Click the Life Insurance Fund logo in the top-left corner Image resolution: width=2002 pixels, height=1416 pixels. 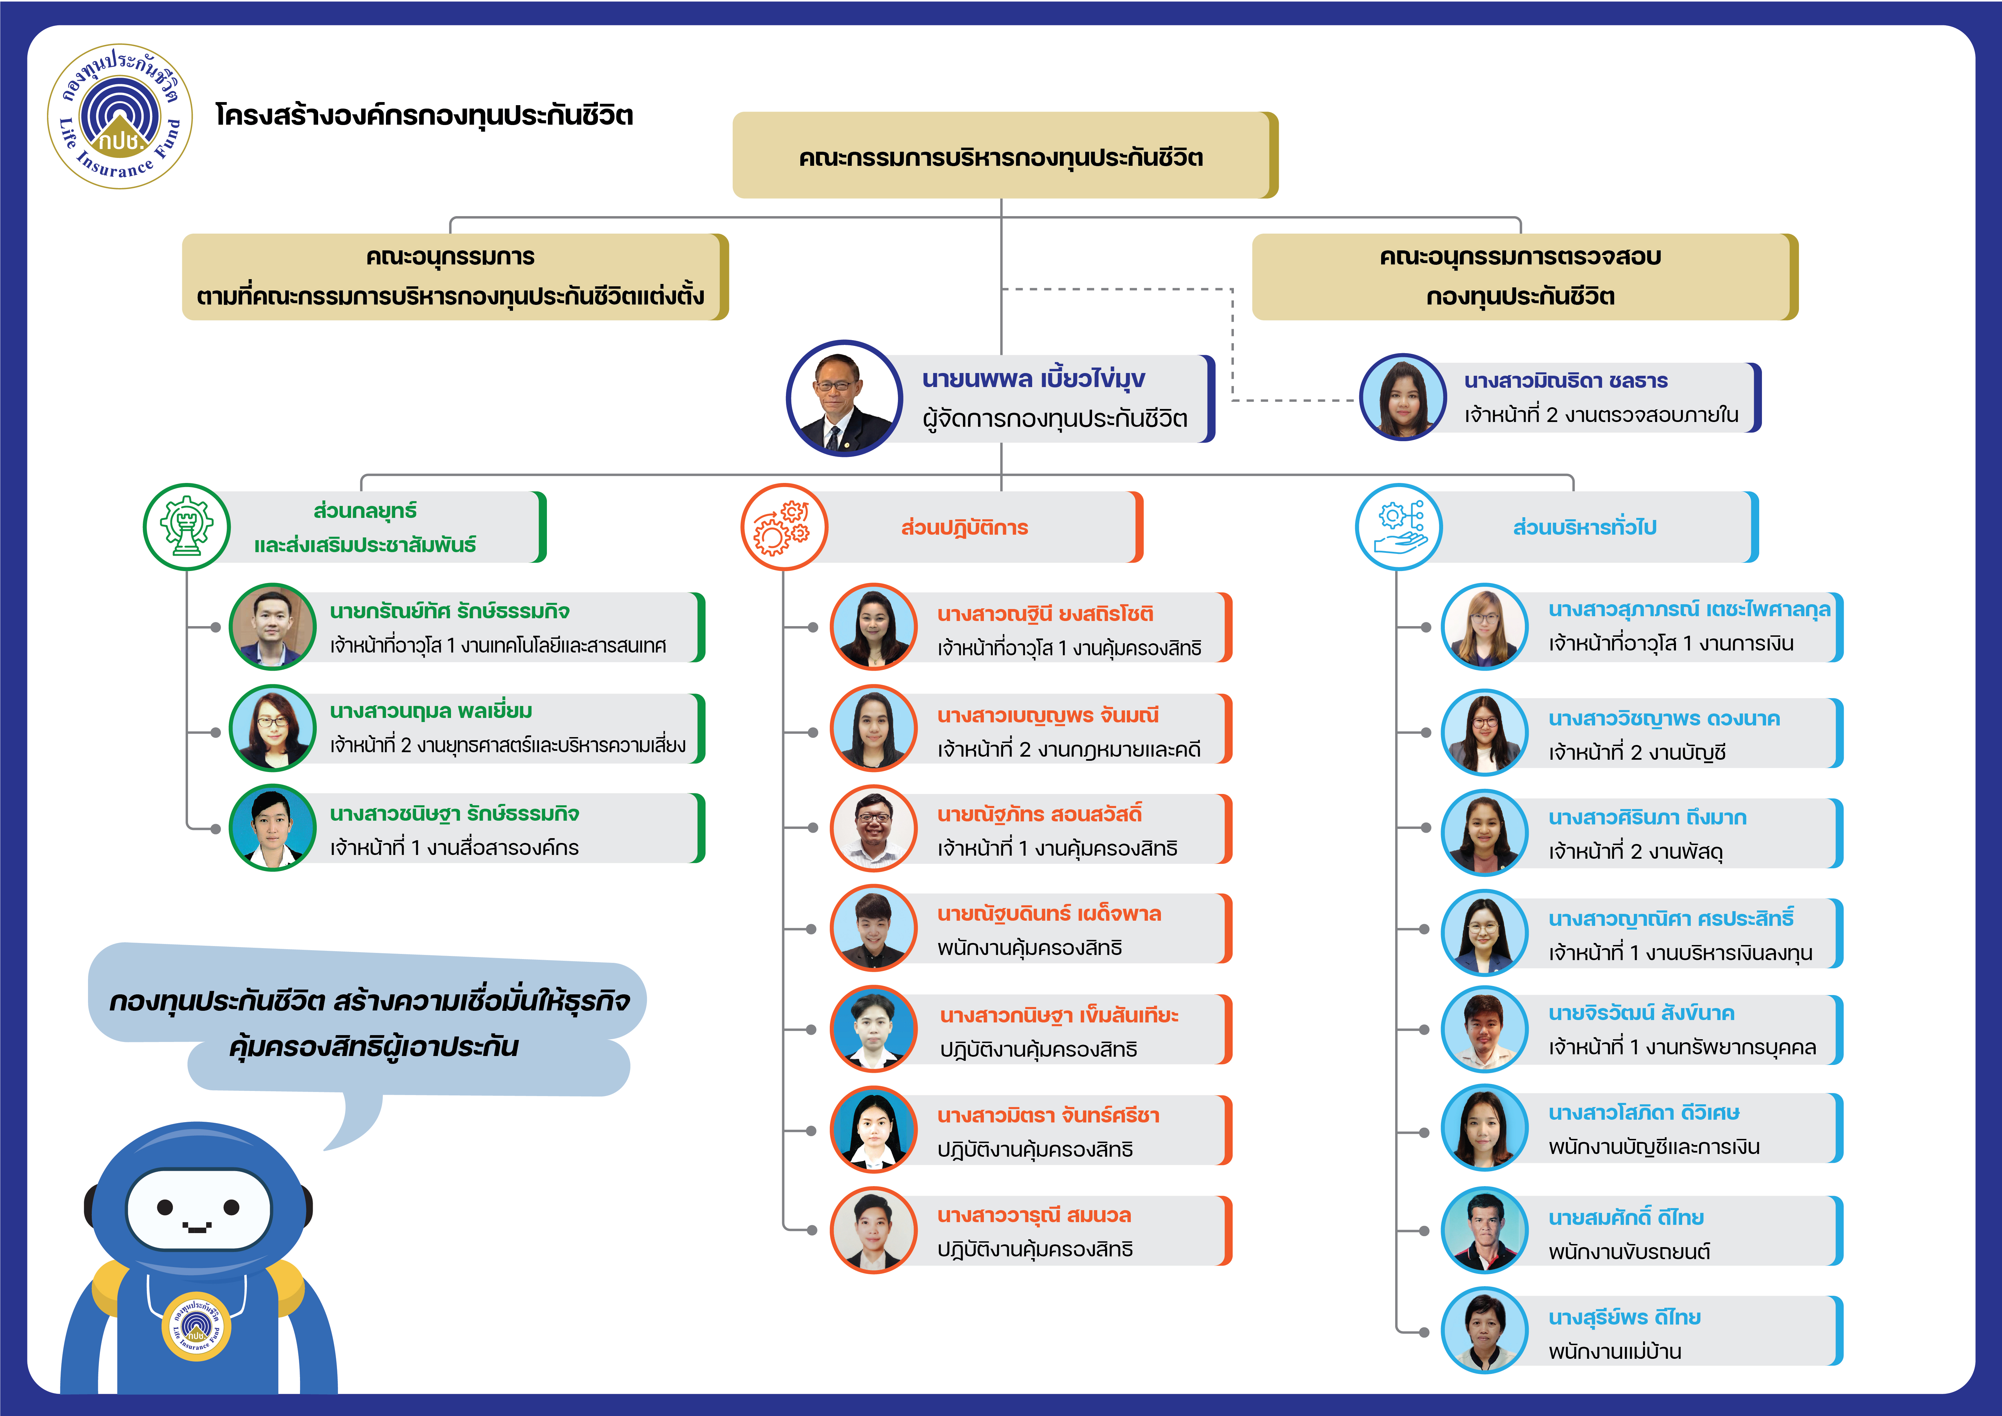coord(120,116)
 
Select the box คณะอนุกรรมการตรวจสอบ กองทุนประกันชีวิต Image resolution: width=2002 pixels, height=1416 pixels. coord(1522,276)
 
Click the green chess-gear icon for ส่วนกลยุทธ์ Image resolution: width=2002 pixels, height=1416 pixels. coord(187,527)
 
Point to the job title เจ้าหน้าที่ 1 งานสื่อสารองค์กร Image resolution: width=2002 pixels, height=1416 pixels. coord(453,847)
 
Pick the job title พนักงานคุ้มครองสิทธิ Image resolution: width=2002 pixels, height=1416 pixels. coord(1029,948)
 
